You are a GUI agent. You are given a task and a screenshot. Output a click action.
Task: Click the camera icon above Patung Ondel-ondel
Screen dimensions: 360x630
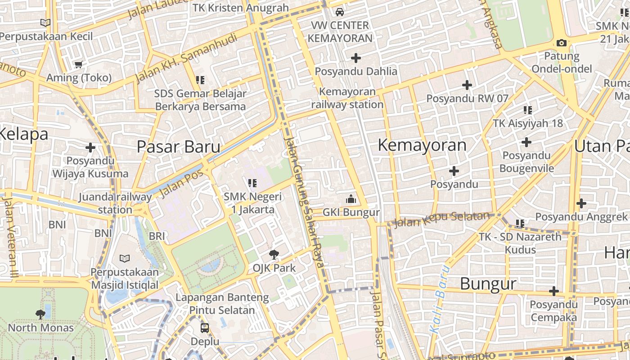click(x=561, y=43)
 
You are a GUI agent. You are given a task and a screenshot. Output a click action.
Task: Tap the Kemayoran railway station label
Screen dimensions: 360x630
click(x=347, y=98)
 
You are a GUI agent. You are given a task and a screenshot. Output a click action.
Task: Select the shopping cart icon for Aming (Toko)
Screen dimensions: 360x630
click(x=79, y=64)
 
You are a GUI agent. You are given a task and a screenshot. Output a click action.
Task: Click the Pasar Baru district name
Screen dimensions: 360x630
click(x=178, y=147)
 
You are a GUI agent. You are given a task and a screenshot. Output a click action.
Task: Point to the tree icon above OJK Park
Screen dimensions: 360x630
click(x=274, y=255)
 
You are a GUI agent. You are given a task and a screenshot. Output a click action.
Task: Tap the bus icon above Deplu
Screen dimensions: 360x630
click(x=205, y=328)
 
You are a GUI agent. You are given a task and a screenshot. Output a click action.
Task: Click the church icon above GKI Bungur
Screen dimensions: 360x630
click(x=351, y=199)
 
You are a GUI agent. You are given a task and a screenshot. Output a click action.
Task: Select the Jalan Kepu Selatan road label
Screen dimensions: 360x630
click(x=441, y=220)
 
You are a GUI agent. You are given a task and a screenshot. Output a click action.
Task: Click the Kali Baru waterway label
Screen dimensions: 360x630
click(x=440, y=299)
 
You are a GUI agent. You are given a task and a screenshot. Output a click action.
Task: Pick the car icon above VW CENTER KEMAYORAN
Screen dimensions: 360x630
click(x=340, y=12)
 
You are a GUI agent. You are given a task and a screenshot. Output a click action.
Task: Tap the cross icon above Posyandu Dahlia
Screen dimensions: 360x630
click(x=356, y=58)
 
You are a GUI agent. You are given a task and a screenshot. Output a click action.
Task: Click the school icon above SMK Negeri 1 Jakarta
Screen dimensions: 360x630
click(x=252, y=183)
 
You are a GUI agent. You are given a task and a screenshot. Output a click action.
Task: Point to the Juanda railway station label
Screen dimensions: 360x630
click(x=115, y=203)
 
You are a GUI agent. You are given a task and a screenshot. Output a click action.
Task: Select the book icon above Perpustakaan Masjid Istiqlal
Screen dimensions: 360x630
click(x=125, y=258)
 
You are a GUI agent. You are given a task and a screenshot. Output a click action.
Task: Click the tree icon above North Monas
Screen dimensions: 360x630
click(x=40, y=314)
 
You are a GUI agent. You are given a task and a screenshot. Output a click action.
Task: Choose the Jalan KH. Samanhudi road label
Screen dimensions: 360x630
click(x=186, y=58)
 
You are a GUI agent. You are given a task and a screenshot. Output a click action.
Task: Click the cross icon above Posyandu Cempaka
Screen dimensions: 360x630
click(x=553, y=291)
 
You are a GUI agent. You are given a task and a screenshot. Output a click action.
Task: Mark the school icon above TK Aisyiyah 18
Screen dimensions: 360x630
click(x=528, y=110)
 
